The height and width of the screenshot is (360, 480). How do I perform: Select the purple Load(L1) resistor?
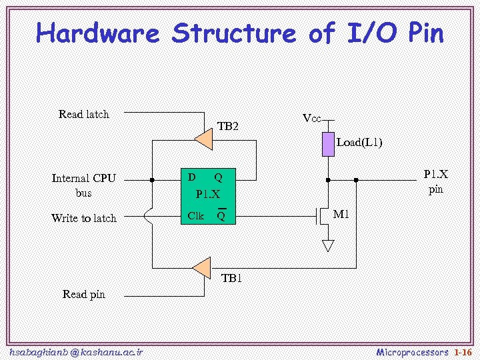pyautogui.click(x=328, y=144)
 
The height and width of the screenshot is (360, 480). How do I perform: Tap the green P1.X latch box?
pyautogui.click(x=210, y=195)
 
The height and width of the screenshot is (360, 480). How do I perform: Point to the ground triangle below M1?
pyautogui.click(x=328, y=245)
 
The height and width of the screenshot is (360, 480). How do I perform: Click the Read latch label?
pyautogui.click(x=84, y=114)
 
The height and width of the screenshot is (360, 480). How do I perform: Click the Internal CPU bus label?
pyautogui.click(x=84, y=185)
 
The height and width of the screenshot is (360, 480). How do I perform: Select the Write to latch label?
pyautogui.click(x=84, y=218)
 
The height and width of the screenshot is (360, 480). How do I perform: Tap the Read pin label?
pyautogui.click(x=84, y=294)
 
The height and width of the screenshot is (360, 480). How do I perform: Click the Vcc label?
pyautogui.click(x=311, y=119)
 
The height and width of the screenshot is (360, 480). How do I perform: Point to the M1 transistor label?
pyautogui.click(x=341, y=215)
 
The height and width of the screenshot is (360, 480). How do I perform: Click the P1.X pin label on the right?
pyautogui.click(x=436, y=181)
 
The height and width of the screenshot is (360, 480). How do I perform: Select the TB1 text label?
pyautogui.click(x=231, y=278)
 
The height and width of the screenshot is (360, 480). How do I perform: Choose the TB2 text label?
pyautogui.click(x=228, y=126)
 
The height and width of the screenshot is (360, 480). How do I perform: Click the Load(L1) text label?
pyautogui.click(x=359, y=142)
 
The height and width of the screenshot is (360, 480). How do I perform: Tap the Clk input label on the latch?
pyautogui.click(x=196, y=215)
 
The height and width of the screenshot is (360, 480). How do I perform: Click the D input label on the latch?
pyautogui.click(x=192, y=177)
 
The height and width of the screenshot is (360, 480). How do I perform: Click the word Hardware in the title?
pyautogui.click(x=98, y=33)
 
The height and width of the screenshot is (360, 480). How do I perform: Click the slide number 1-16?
pyautogui.click(x=463, y=351)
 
